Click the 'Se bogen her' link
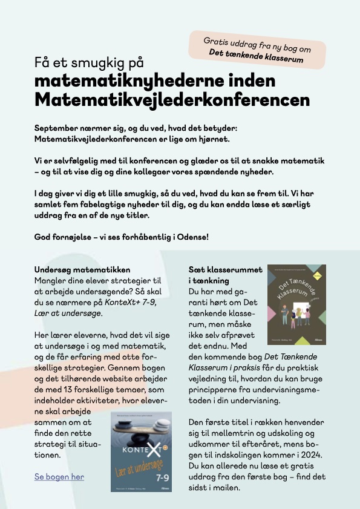click(59, 477)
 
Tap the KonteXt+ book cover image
click(141, 451)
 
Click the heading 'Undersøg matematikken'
click(82, 269)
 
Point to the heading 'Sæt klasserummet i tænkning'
click(225, 275)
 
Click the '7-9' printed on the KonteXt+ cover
click(161, 478)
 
